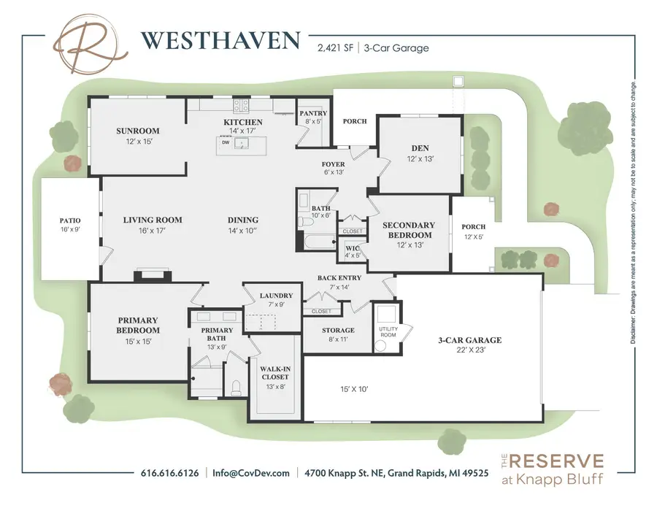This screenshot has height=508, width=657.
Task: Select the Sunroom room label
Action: tap(137, 131)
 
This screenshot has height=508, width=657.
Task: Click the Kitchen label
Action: tap(242, 122)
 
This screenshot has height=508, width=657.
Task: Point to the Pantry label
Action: tap(312, 113)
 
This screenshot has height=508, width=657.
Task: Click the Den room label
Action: tap(420, 149)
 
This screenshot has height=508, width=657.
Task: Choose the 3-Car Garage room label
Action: tap(469, 340)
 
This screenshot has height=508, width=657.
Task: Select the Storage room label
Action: tap(338, 331)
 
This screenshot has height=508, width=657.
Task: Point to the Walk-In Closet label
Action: tap(274, 372)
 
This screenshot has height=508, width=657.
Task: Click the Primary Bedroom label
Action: tap(138, 325)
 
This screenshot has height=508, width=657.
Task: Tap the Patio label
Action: tap(69, 220)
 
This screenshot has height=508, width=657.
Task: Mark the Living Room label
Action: tap(153, 220)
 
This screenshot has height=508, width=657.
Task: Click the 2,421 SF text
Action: tap(334, 48)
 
